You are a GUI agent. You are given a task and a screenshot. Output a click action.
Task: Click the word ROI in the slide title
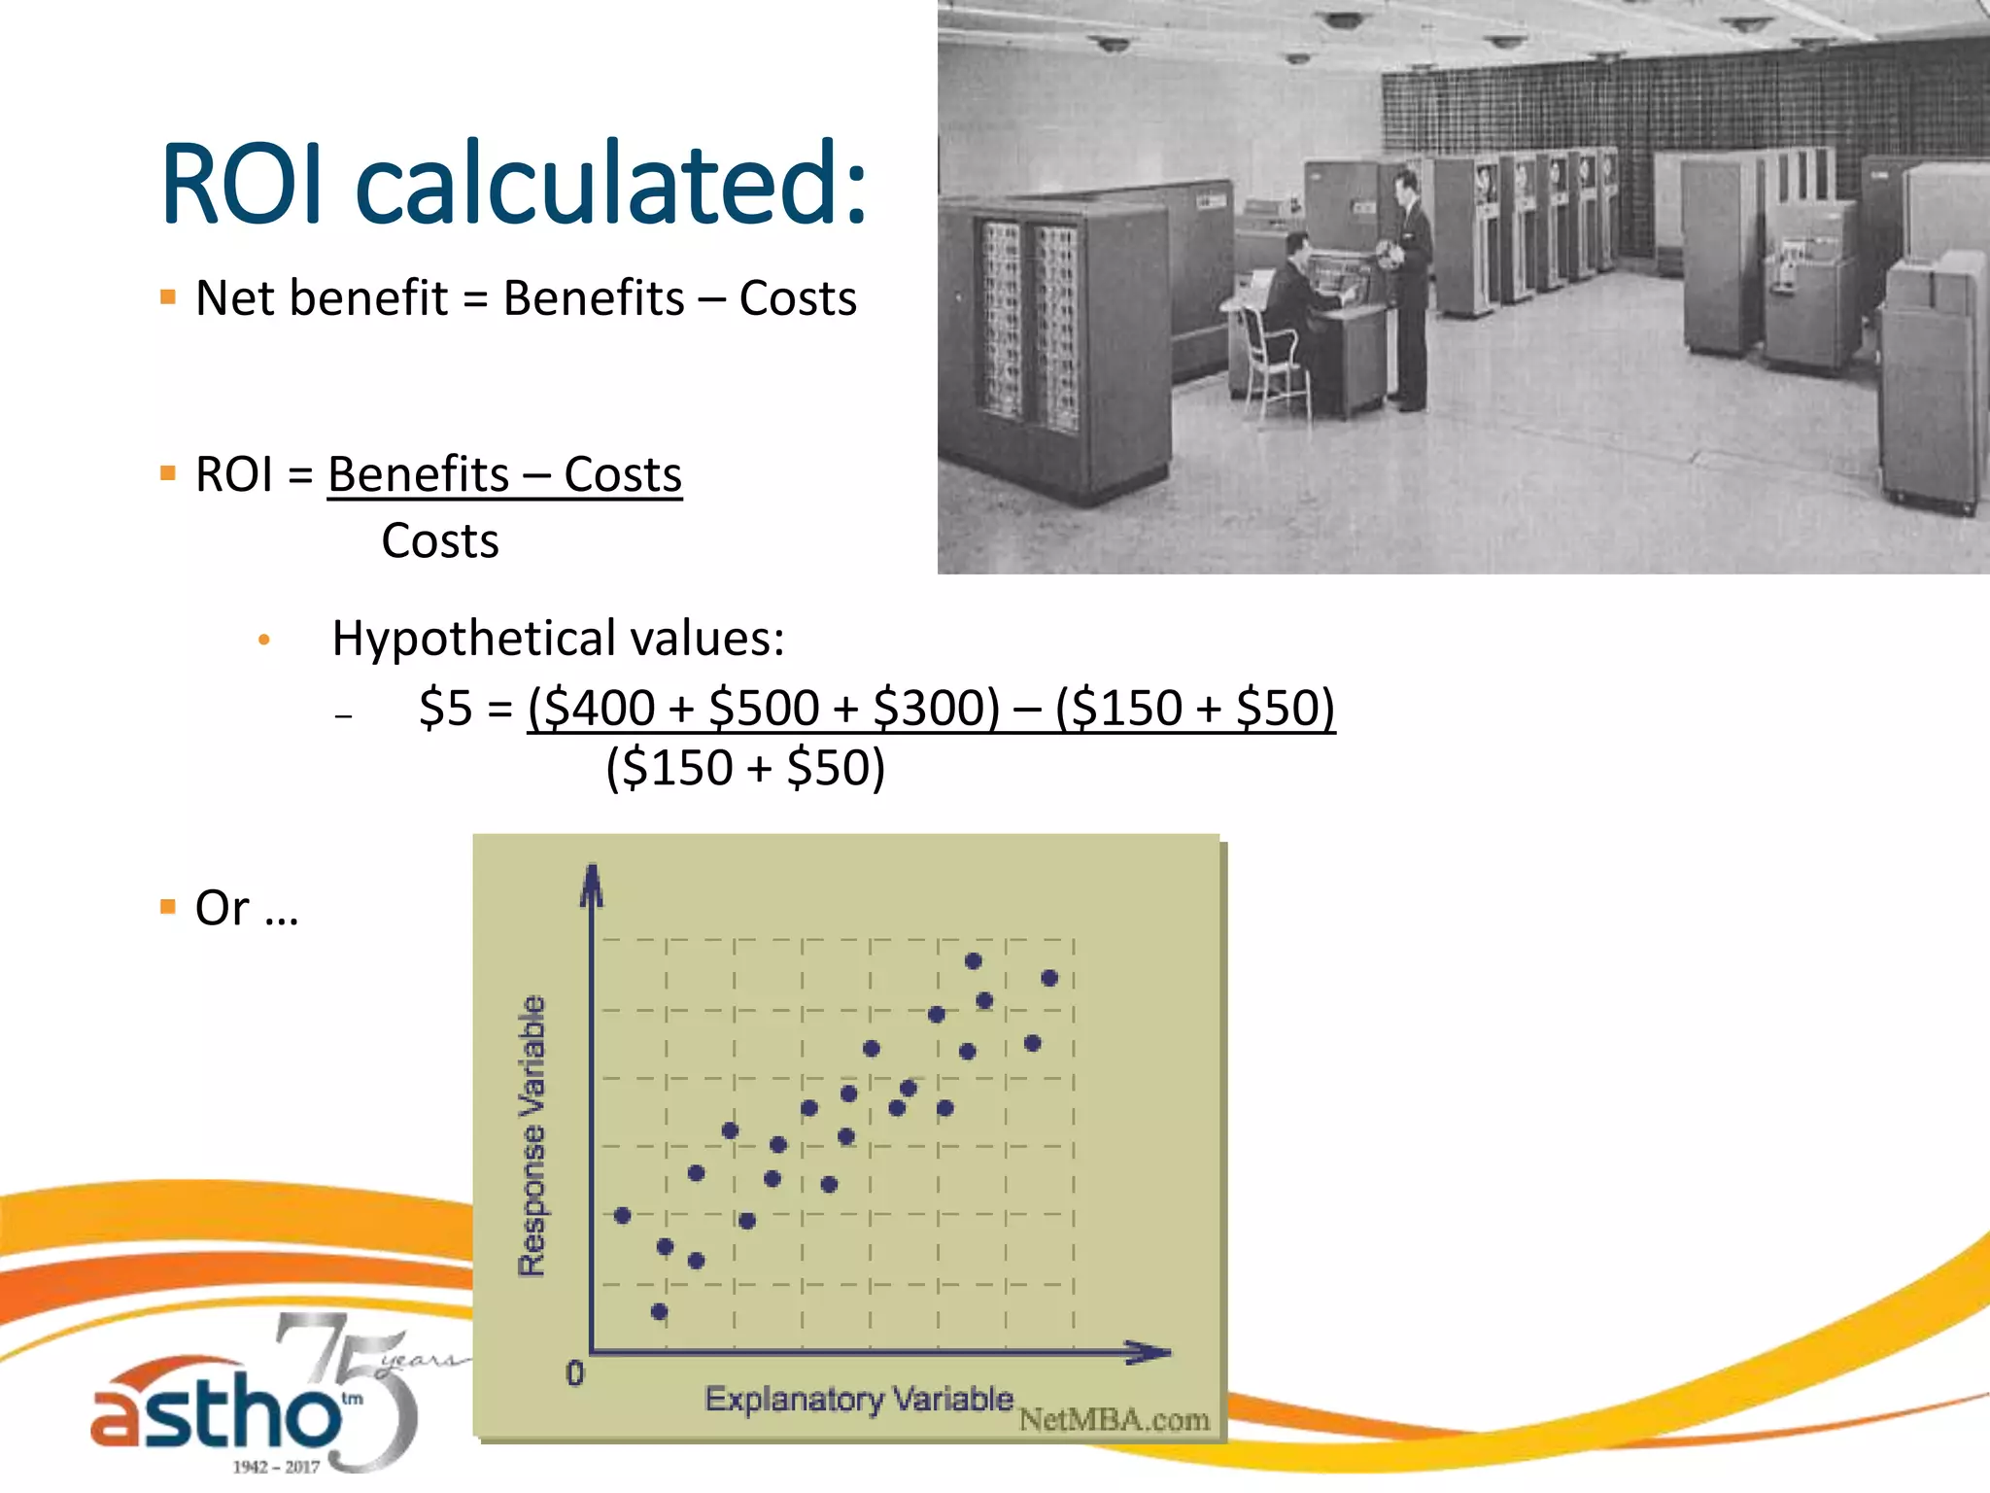[x=242, y=184]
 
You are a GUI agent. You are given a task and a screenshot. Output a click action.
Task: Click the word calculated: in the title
[x=611, y=184]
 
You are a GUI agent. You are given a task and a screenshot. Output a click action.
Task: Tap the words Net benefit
[x=322, y=298]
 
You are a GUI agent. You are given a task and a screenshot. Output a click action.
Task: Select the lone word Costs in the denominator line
[x=440, y=541]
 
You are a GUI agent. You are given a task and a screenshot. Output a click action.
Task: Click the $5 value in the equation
[x=445, y=708]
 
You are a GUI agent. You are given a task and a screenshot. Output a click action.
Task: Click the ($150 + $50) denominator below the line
[x=745, y=768]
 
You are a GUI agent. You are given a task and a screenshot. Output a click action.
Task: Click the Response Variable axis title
[x=532, y=1135]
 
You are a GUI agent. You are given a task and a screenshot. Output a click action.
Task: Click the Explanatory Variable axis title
[x=858, y=1400]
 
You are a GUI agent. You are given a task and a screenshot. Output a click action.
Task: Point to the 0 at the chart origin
[x=575, y=1373]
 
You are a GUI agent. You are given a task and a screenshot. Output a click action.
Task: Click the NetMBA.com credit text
[x=1114, y=1420]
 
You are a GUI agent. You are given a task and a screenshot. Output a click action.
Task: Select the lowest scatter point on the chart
[x=659, y=1312]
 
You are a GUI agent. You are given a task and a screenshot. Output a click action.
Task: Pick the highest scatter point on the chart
[x=973, y=961]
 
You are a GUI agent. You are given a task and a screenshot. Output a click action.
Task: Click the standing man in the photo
[x=1410, y=282]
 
